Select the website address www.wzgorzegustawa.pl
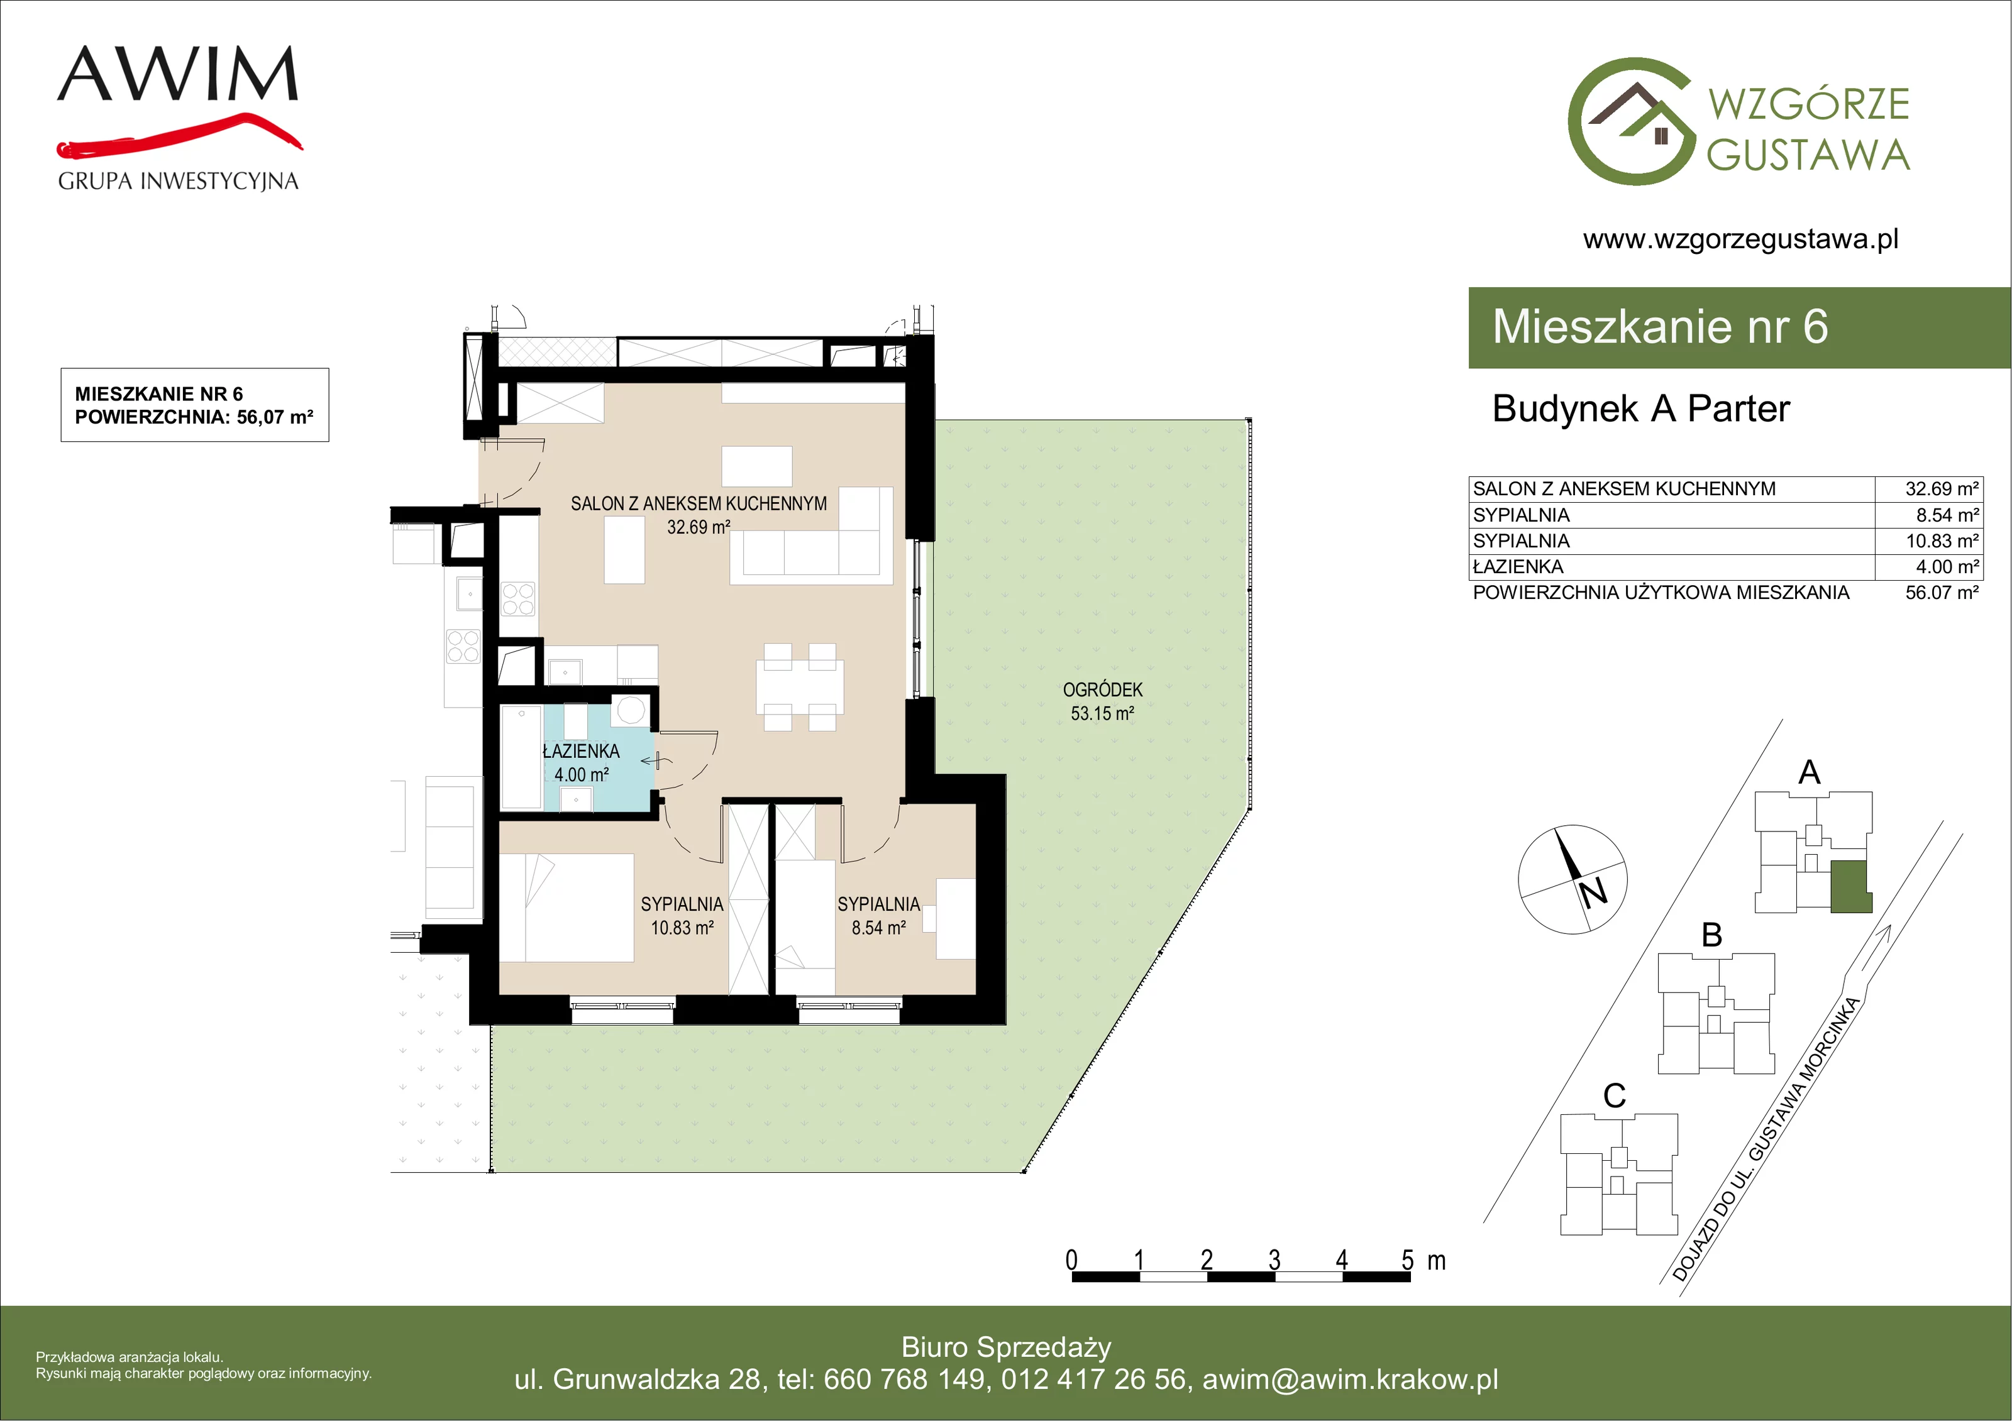click(1740, 239)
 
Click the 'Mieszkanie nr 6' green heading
click(1660, 327)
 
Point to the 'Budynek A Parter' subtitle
click(1640, 409)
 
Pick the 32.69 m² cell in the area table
click(1942, 489)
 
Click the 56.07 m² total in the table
click(1942, 592)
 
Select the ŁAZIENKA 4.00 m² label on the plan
click(581, 763)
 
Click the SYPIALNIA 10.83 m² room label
click(682, 916)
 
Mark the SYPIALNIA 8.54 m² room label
click(879, 916)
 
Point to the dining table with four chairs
click(800, 688)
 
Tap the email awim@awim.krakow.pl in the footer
click(1351, 1380)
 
